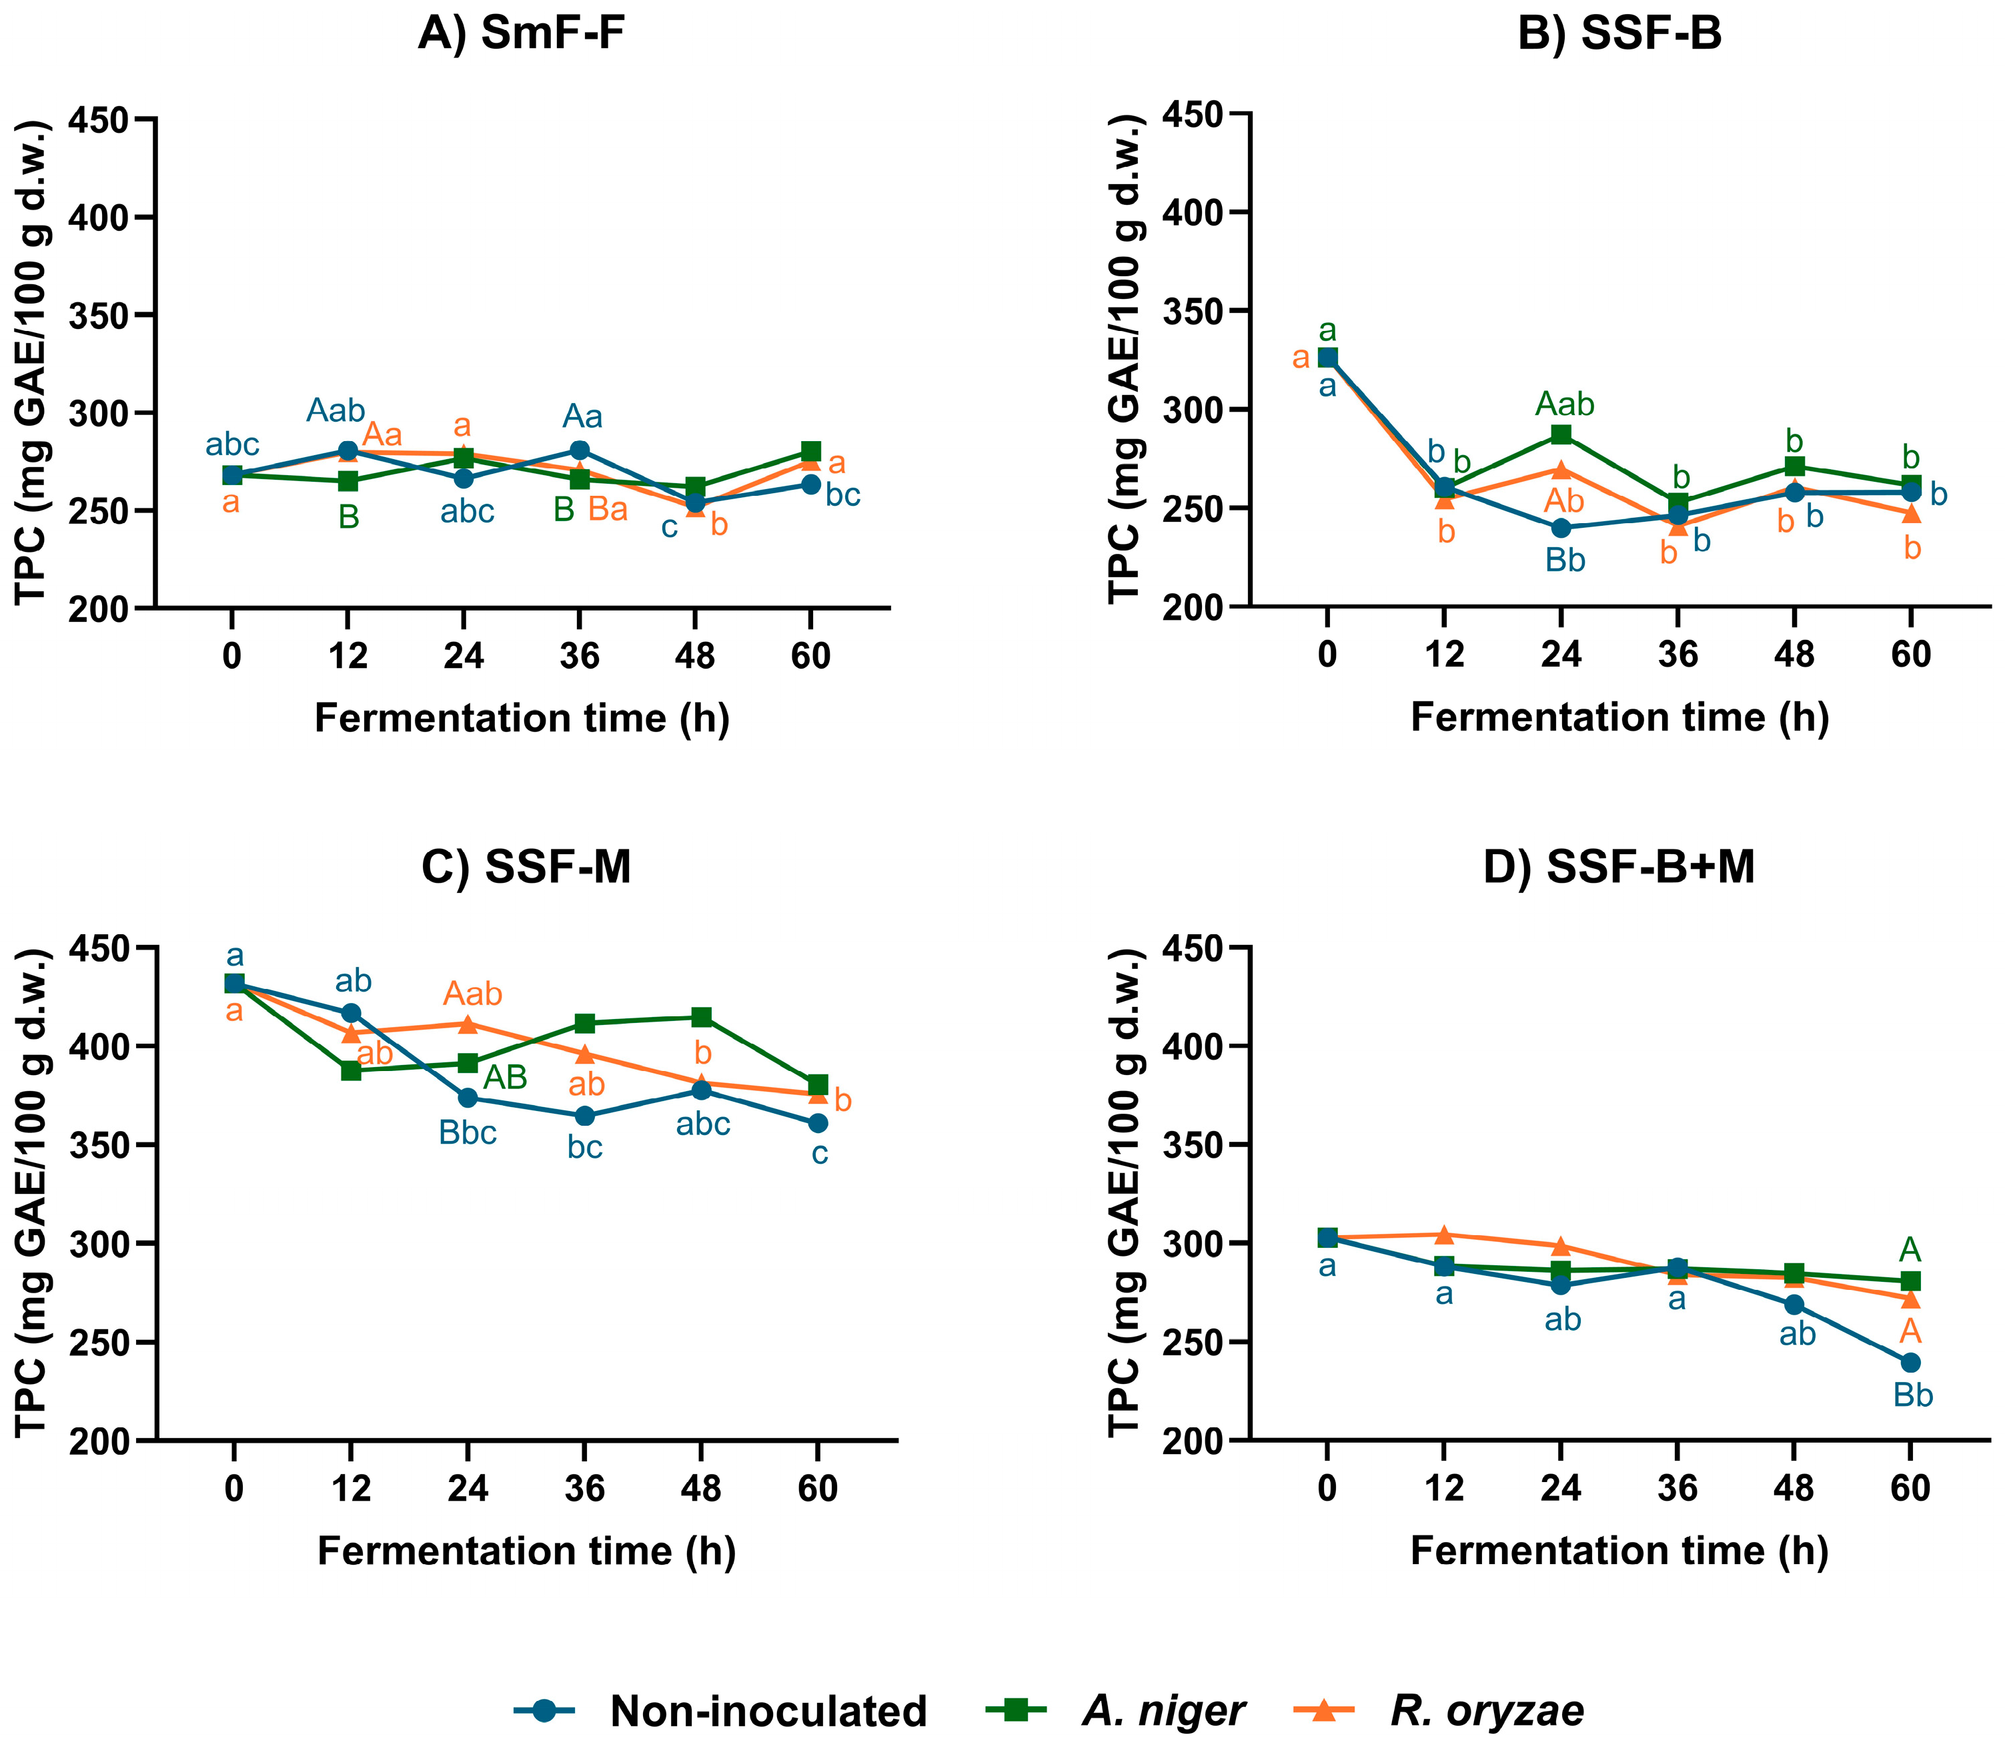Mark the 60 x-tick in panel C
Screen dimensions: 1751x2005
click(x=818, y=1487)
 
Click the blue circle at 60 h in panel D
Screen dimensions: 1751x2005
click(x=1910, y=1362)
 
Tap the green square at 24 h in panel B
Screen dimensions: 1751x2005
click(x=1561, y=434)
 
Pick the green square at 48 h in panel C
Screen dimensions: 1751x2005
click(x=700, y=1017)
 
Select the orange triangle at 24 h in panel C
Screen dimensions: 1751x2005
click(x=467, y=1024)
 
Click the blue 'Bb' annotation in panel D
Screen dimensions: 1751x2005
click(x=1912, y=1395)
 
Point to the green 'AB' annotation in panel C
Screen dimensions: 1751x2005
click(x=506, y=1078)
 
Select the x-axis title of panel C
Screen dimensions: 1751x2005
click(x=526, y=1551)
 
